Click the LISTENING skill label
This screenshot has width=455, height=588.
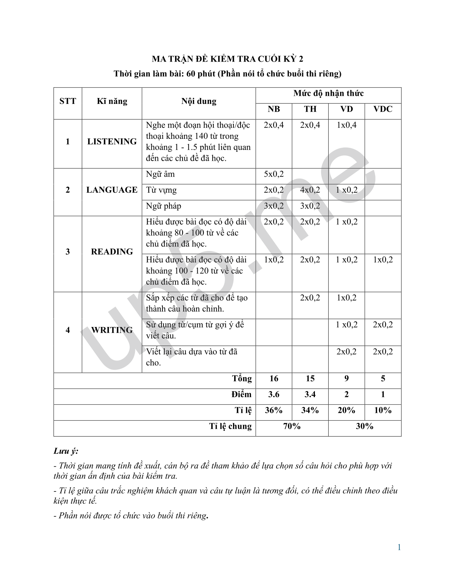point(112,141)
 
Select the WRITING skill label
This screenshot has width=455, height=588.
point(112,330)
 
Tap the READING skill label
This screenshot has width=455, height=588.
point(112,252)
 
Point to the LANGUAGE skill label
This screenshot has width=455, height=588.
point(112,190)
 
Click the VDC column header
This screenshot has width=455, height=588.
point(383,109)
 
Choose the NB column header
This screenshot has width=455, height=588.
point(274,109)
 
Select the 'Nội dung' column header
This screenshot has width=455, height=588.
point(199,101)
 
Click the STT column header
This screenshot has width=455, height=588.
point(68,101)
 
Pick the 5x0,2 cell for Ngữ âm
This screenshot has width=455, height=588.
point(274,174)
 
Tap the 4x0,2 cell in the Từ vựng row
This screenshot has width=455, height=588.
point(310,190)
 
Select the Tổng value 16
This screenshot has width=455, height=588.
point(274,378)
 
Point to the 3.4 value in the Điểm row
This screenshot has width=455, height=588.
point(310,394)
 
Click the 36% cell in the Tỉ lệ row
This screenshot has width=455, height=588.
point(274,410)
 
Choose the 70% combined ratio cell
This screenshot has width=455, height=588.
point(292,426)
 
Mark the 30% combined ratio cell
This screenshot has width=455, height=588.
point(365,426)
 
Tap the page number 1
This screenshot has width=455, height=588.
point(399,547)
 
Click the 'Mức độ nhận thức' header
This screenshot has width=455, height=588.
point(328,93)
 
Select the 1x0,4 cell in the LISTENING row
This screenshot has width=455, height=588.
point(346,125)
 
